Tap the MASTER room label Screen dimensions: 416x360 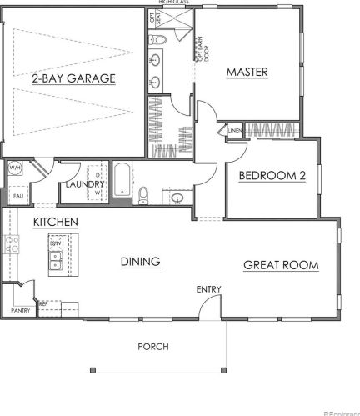(247, 72)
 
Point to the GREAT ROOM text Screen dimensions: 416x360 (281, 265)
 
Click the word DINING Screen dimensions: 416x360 (140, 262)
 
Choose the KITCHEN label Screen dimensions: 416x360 (56, 222)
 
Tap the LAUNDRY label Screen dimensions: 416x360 (83, 185)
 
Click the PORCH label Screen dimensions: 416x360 (153, 346)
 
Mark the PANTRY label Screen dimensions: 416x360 (21, 311)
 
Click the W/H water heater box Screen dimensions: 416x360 (16, 168)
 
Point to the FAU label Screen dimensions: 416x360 (16, 195)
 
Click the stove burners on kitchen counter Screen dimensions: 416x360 (12, 243)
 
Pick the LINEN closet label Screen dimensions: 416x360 (235, 130)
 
